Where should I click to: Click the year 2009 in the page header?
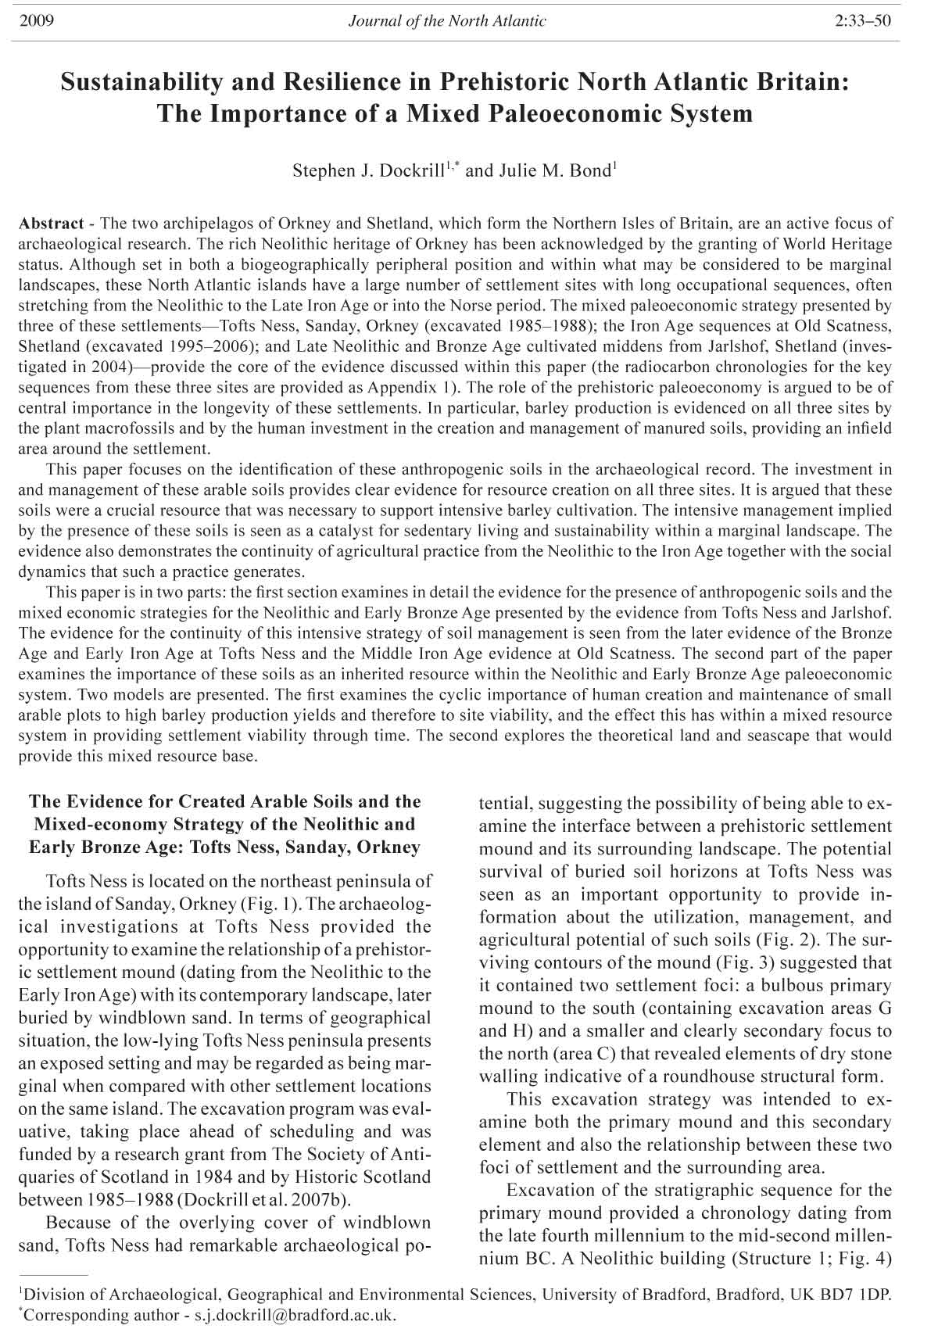click(x=34, y=21)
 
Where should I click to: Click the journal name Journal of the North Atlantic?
click(x=447, y=21)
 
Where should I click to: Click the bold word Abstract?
click(x=51, y=224)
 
